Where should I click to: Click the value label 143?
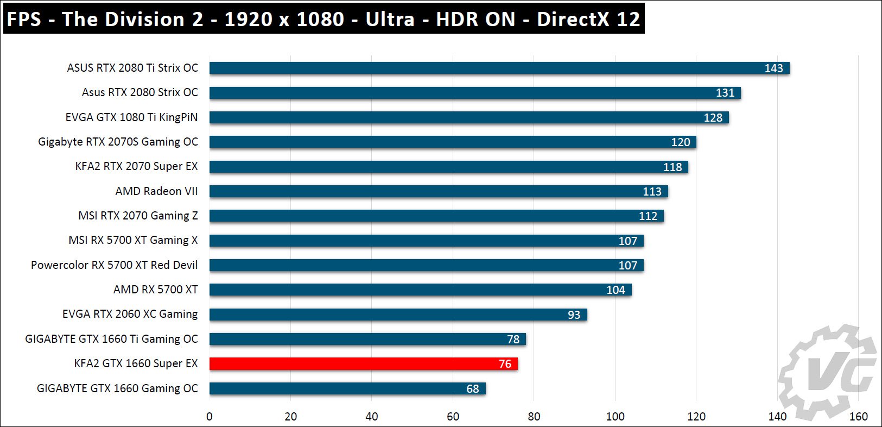tap(773, 68)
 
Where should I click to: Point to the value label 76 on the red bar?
tap(505, 364)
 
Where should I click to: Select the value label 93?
tap(574, 315)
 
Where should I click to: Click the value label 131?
tap(725, 93)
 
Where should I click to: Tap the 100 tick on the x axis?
tap(615, 417)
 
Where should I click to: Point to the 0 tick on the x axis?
tap(210, 417)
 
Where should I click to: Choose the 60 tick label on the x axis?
tap(453, 417)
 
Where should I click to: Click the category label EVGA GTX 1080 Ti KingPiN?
tap(131, 117)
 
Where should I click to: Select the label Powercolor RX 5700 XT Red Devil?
tap(114, 265)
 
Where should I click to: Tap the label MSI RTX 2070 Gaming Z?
tap(138, 216)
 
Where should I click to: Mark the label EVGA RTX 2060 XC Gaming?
tap(130, 314)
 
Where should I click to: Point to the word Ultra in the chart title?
tap(390, 19)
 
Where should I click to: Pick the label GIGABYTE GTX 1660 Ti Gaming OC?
tap(111, 339)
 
